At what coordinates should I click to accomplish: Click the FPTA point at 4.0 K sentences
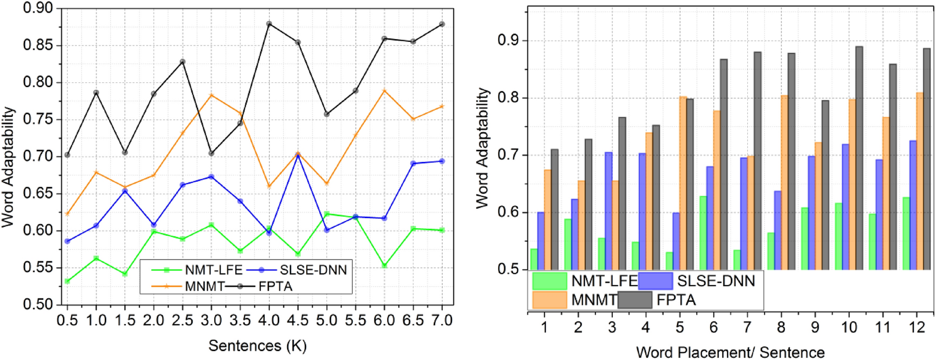point(269,24)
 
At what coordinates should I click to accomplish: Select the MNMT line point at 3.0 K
point(212,95)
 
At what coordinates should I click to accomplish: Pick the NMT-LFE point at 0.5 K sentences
point(67,281)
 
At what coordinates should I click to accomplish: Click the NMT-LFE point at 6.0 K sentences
point(384,265)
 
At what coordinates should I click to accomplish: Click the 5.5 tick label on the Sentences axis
point(355,320)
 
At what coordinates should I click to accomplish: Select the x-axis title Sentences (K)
point(257,346)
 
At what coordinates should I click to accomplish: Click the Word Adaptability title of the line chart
point(8,167)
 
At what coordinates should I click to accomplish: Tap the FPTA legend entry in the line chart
point(275,287)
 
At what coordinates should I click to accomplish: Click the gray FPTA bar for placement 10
point(859,159)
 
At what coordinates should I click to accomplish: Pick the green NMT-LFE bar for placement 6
point(703,233)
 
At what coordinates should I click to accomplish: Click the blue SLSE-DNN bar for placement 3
point(608,211)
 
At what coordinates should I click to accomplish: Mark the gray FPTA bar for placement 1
point(554,209)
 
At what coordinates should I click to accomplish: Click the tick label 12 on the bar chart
point(917,327)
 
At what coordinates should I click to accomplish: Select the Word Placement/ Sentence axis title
point(730,352)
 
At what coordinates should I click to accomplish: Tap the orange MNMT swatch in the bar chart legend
point(549,300)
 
